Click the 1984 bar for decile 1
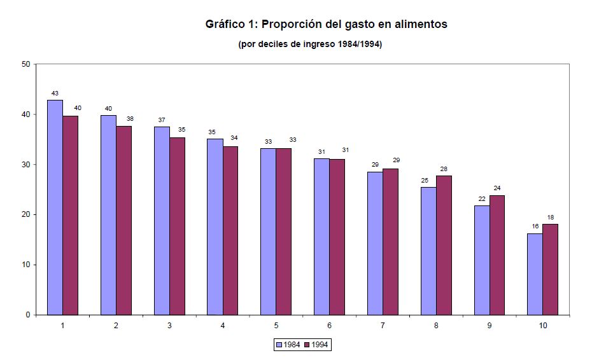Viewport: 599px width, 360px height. click(x=55, y=207)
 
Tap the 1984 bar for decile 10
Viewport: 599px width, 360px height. click(x=535, y=274)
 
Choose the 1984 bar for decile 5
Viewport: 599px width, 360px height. click(x=268, y=232)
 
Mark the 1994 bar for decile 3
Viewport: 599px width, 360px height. click(x=177, y=226)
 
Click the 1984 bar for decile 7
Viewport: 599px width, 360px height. click(x=375, y=243)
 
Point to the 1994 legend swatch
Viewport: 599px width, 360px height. click(x=307, y=345)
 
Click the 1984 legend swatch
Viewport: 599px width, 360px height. click(x=279, y=345)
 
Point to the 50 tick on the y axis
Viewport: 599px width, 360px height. click(x=25, y=64)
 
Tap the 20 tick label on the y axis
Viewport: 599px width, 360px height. click(x=25, y=214)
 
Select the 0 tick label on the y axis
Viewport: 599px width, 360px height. click(x=28, y=315)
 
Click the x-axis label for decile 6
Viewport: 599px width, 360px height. click(x=329, y=326)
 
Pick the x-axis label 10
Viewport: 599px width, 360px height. click(x=542, y=326)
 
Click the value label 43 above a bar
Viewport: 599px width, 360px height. click(x=55, y=93)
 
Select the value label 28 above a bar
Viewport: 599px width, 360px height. click(x=444, y=169)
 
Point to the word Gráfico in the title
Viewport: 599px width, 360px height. click(x=225, y=25)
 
